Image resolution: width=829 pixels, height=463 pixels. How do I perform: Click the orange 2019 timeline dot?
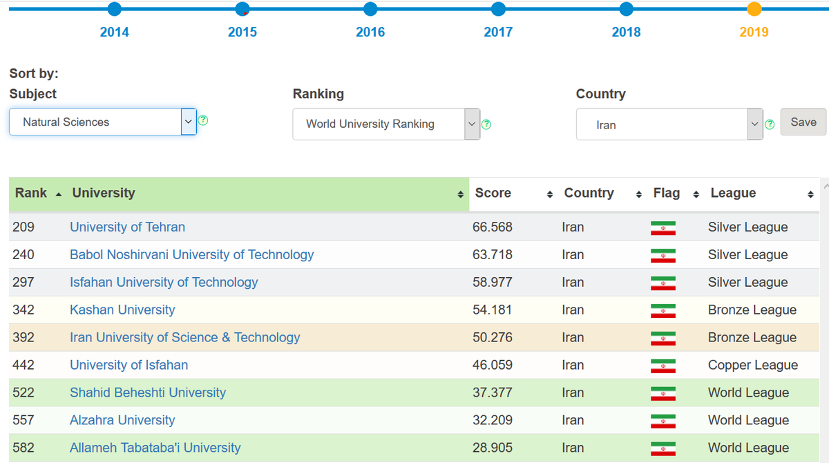click(754, 9)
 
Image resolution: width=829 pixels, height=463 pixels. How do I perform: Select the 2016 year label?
click(370, 32)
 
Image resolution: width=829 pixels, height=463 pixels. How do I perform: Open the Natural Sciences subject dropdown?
click(102, 122)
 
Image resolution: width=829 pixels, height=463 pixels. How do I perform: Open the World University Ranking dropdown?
click(385, 124)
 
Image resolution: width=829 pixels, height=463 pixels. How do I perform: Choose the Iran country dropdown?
click(669, 125)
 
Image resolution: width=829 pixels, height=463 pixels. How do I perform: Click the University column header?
click(104, 193)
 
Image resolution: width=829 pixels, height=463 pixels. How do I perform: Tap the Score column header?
click(493, 193)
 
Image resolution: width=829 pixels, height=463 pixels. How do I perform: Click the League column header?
click(733, 193)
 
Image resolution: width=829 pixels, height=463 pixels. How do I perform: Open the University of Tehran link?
click(127, 227)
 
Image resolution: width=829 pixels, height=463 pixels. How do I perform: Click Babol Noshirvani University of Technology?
click(191, 255)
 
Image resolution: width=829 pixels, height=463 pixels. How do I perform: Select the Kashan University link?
click(122, 310)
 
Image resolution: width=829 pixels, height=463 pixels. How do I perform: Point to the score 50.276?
click(492, 338)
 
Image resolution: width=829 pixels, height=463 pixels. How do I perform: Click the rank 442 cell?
click(23, 365)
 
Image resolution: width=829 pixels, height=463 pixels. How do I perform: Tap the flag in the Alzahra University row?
click(663, 421)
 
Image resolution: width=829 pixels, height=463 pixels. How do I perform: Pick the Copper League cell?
click(752, 365)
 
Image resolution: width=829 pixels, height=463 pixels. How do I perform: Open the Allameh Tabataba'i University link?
click(155, 448)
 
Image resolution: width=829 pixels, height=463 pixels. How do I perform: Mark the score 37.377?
click(492, 393)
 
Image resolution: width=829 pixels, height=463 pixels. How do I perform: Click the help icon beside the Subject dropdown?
click(203, 120)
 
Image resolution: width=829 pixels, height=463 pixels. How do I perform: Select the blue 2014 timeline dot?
click(115, 9)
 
